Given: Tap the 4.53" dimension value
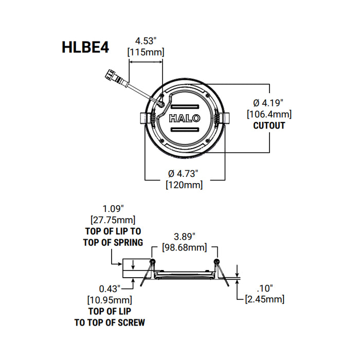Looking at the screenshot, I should (x=146, y=40).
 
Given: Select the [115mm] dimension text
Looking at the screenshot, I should (x=146, y=51).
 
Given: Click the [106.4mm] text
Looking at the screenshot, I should (x=269, y=114).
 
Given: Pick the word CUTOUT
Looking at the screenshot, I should (x=269, y=125).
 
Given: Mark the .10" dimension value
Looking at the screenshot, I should (x=265, y=288).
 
